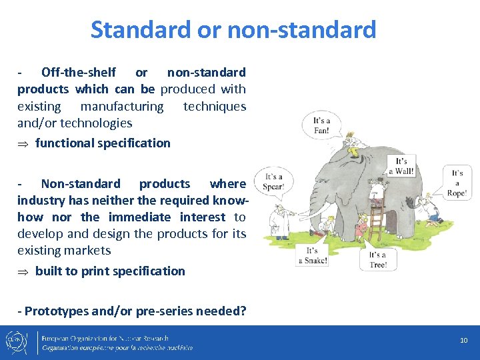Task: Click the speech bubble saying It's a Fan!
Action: click(x=323, y=125)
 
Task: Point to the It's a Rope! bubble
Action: click(x=457, y=183)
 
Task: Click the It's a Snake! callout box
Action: click(x=316, y=255)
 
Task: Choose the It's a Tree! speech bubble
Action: click(x=377, y=259)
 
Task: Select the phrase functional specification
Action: click(x=103, y=143)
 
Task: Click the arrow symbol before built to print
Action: click(x=23, y=271)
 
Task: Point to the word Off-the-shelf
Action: click(x=78, y=72)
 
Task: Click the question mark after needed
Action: click(x=243, y=310)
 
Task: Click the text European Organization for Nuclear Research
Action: click(x=105, y=338)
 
